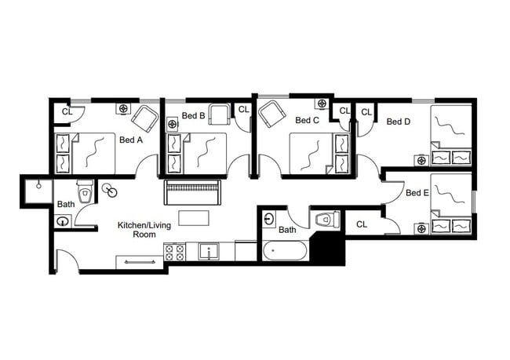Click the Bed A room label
[x=130, y=140]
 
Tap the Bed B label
[x=193, y=116]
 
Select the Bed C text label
[x=307, y=121]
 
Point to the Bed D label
[x=398, y=122]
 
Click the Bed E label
[x=417, y=193]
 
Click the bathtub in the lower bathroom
[x=286, y=253]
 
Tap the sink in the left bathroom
[x=63, y=221]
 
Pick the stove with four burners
[x=175, y=253]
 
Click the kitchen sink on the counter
[x=209, y=252]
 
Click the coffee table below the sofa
[x=194, y=216]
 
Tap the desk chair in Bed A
[x=145, y=118]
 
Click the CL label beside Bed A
[x=67, y=111]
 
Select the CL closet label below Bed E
[x=362, y=224]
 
